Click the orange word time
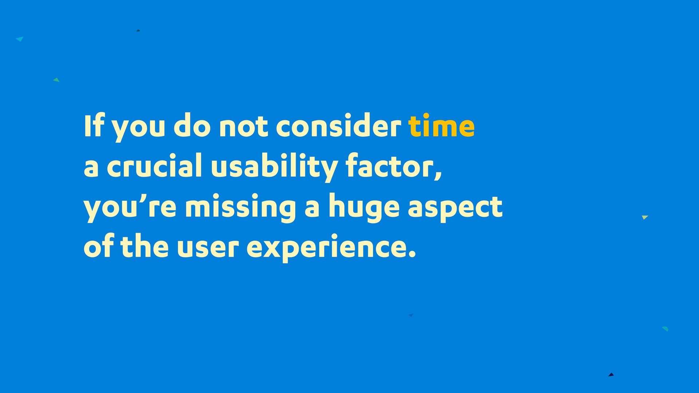click(x=441, y=126)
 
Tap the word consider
click(x=338, y=126)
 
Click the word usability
click(x=274, y=167)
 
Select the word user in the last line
click(x=208, y=247)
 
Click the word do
click(x=192, y=126)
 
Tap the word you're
click(x=130, y=207)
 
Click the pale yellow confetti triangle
click(x=645, y=217)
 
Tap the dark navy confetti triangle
click(x=611, y=374)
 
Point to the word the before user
click(x=145, y=246)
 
